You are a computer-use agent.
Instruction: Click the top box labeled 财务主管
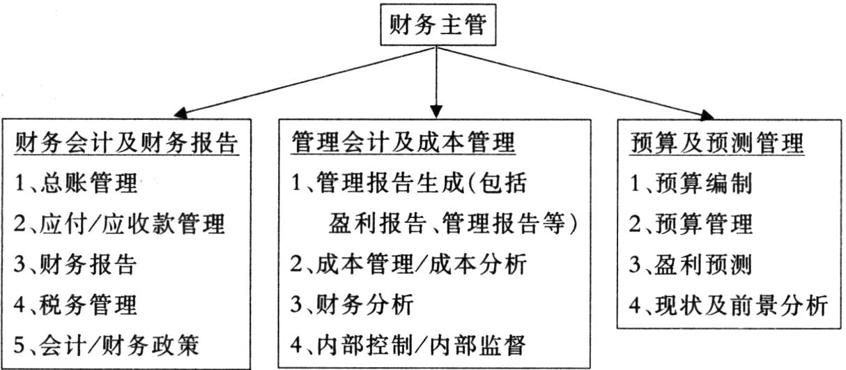pos(438,25)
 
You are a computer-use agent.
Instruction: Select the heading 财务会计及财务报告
pos(127,144)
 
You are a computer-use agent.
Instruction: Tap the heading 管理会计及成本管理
pos(403,143)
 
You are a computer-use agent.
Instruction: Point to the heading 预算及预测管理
pos(717,144)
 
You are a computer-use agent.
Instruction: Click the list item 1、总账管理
pos(76,183)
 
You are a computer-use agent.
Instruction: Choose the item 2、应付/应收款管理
pos(119,224)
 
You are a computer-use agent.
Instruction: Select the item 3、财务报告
pos(75,264)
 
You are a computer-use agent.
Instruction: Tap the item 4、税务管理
pos(75,305)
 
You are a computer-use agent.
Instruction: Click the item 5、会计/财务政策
pos(107,345)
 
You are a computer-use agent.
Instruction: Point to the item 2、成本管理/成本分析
pos(408,264)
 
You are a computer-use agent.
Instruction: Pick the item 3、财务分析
pos(352,305)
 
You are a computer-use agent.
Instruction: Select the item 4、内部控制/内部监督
pos(408,345)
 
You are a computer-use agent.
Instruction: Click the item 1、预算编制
pos(691,183)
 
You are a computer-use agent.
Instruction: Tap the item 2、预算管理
pos(691,224)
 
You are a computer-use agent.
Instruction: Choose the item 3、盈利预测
pos(691,264)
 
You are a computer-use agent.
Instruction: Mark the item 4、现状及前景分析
pos(728,305)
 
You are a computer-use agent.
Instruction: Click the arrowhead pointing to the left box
pos(181,114)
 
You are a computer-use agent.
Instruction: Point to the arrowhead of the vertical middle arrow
pos(436,111)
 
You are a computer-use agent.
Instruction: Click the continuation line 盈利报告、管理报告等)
pos(453,224)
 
